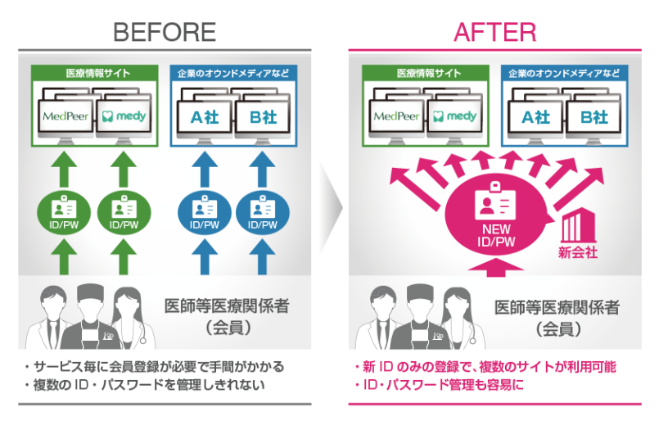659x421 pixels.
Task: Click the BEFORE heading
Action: pos(165,33)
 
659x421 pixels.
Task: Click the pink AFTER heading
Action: pos(495,33)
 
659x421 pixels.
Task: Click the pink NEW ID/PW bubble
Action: pos(497,218)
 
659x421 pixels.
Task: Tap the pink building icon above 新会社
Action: pos(579,225)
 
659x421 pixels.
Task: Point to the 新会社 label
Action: pos(578,252)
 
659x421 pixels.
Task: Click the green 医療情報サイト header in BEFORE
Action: pos(95,73)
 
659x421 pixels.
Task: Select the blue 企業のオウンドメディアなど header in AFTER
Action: pos(564,73)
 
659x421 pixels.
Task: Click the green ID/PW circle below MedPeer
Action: pos(64,212)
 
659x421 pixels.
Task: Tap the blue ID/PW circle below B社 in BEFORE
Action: pos(263,212)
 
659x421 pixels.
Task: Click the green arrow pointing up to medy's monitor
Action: pos(123,169)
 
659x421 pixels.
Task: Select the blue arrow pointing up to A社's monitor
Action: pos(205,169)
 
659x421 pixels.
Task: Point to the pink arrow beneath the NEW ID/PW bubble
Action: pos(496,268)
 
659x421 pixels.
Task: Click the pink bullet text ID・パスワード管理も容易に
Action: pos(439,384)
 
